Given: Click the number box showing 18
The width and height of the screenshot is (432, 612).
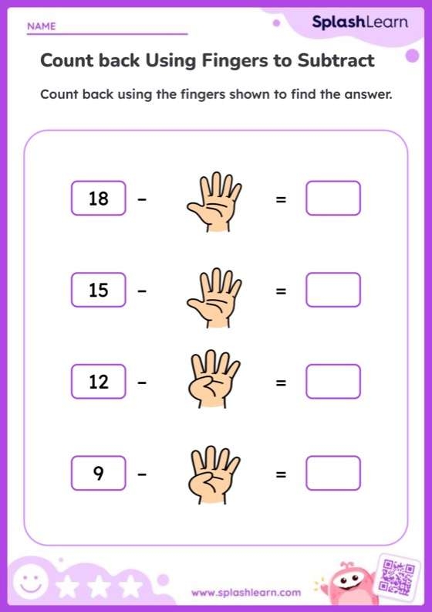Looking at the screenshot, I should tap(98, 199).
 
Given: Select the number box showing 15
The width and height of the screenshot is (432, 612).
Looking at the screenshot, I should tap(98, 291).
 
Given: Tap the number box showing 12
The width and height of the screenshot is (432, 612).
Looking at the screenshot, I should tap(98, 382).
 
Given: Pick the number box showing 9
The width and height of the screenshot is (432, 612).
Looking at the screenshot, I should tap(98, 473).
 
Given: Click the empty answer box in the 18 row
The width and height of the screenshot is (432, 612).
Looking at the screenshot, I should tap(332, 198).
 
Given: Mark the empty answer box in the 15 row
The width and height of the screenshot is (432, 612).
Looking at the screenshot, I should tap(332, 290).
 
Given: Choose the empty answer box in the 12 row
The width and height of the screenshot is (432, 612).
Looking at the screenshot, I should tap(332, 381).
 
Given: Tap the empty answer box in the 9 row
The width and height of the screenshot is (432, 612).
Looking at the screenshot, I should tap(332, 473).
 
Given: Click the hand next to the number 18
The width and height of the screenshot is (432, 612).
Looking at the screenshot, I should tap(214, 202).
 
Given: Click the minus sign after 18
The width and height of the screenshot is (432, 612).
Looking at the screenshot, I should tap(142, 199).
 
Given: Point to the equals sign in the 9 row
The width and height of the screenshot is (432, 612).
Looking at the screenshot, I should tap(281, 474).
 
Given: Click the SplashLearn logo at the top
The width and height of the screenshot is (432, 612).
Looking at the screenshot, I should tap(359, 22).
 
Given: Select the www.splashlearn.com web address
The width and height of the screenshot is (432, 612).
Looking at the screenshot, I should tap(246, 593).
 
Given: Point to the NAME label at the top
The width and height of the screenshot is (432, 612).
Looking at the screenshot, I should tap(42, 26).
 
